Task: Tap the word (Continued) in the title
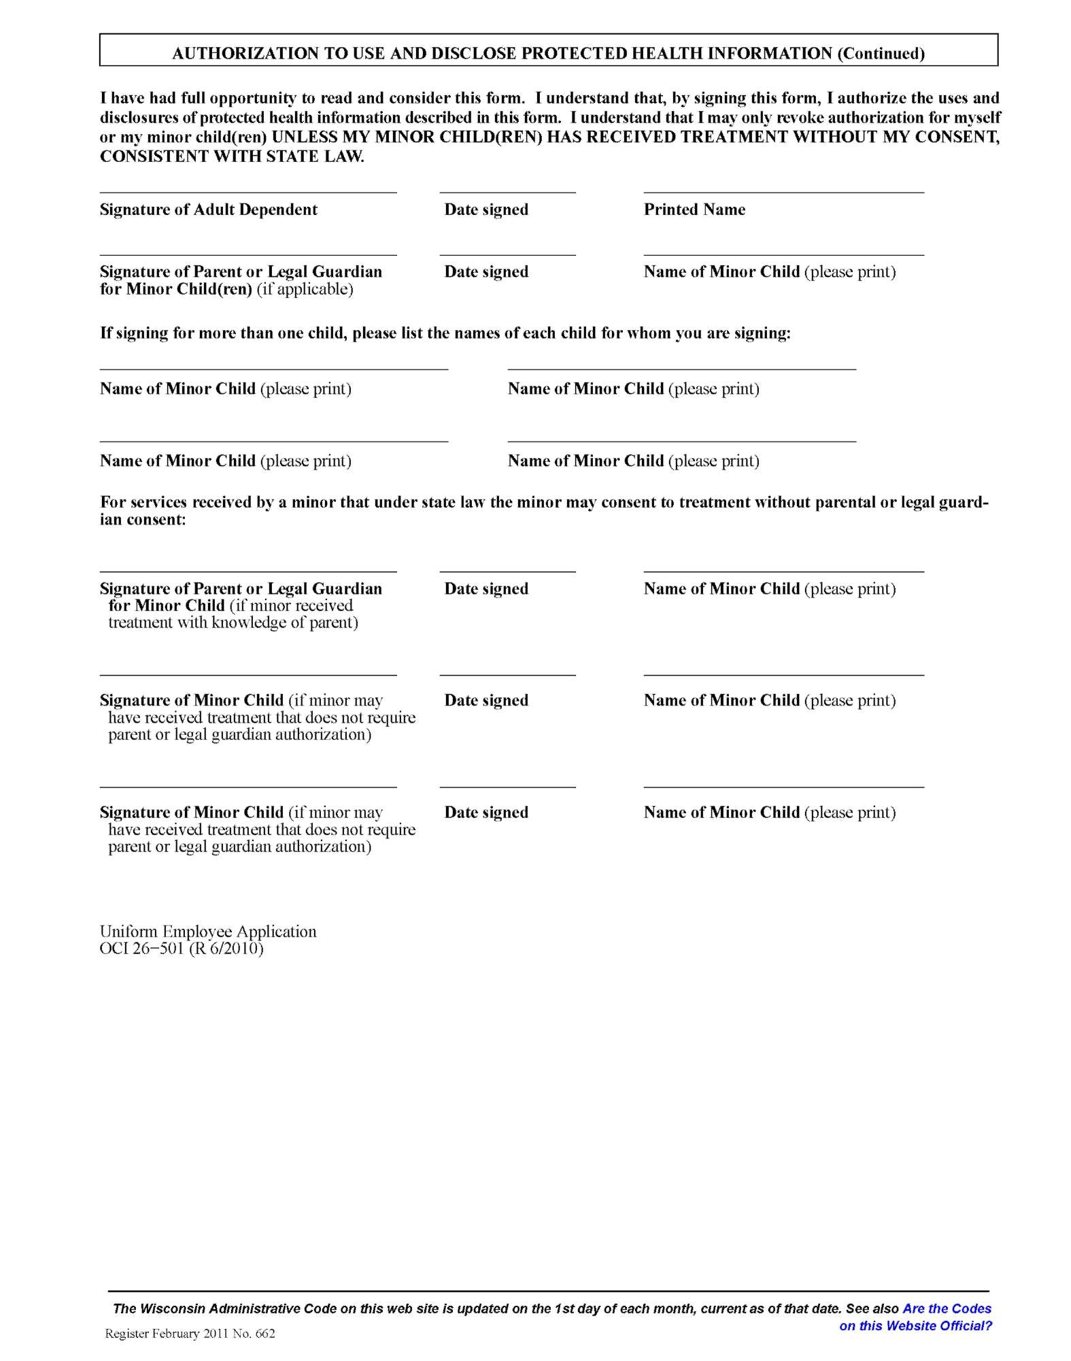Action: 881,53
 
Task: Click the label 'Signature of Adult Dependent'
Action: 208,210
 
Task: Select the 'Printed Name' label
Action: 694,210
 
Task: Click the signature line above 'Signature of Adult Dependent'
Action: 248,192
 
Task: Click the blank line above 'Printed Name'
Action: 783,192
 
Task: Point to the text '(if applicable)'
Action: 305,289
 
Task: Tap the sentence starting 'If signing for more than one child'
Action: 445,333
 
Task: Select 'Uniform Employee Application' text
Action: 208,932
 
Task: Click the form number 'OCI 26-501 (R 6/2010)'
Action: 182,949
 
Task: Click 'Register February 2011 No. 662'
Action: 190,1333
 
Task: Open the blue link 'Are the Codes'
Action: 947,1308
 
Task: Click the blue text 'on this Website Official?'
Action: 915,1325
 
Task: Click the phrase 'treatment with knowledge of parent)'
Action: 233,623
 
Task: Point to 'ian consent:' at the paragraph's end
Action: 143,520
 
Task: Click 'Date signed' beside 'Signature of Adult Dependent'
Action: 486,210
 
